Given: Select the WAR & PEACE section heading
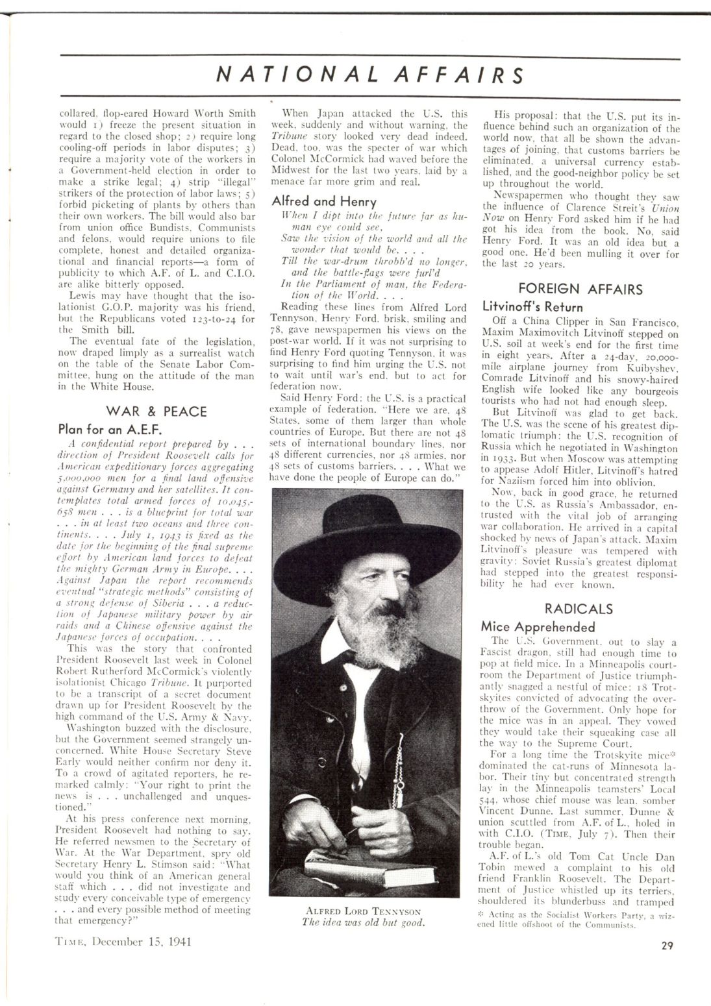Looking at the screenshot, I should tap(156, 411).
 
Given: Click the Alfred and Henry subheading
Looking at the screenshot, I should tap(315, 201).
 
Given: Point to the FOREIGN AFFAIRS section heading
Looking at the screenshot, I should tap(581, 289).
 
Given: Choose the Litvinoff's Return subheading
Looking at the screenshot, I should tap(532, 307).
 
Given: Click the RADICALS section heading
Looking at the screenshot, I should tap(578, 609).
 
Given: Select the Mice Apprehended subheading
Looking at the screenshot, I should tap(538, 627).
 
